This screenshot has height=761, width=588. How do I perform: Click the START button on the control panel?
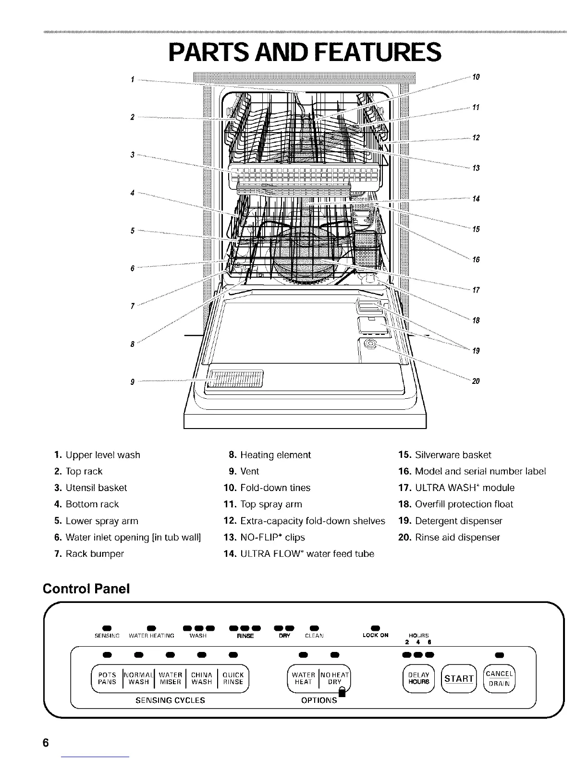pos(458,678)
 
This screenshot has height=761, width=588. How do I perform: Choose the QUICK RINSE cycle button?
pos(233,678)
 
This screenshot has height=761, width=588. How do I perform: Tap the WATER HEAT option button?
pos(304,678)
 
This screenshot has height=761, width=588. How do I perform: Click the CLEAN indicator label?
pos(314,636)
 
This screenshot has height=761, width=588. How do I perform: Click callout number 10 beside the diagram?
pos(476,77)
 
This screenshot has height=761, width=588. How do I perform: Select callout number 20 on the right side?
pos(476,381)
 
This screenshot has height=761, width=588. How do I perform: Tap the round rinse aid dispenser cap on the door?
pos(370,344)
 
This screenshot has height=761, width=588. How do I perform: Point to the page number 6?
pos(46,742)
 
